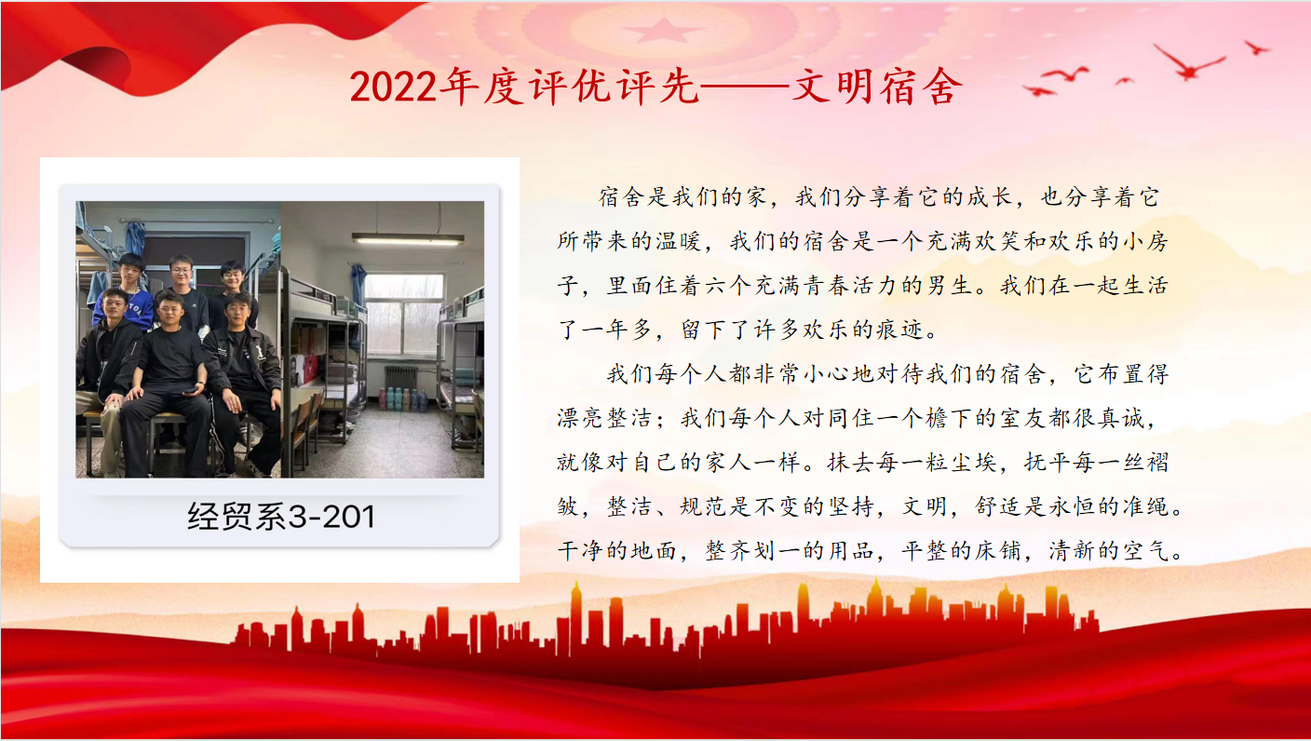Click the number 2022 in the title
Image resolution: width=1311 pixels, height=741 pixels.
pyautogui.click(x=393, y=88)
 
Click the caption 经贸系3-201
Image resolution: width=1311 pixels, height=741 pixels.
pyautogui.click(x=281, y=517)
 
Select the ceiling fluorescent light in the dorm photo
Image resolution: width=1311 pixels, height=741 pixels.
pyautogui.click(x=408, y=239)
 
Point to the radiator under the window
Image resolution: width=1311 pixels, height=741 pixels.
pyautogui.click(x=401, y=378)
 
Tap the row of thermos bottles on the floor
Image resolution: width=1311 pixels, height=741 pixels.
pyautogui.click(x=403, y=398)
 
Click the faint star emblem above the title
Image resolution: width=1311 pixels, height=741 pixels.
pyautogui.click(x=662, y=31)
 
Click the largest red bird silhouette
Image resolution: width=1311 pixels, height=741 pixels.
pyautogui.click(x=1188, y=62)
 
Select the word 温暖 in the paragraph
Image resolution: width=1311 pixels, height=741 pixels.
pyautogui.click(x=678, y=241)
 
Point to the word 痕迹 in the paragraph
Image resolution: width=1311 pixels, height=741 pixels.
pyautogui.click(x=899, y=330)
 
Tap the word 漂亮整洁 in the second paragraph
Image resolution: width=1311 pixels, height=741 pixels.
pyautogui.click(x=604, y=418)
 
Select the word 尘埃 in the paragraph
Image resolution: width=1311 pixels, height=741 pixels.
pyautogui.click(x=973, y=463)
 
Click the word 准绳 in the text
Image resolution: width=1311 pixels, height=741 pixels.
pyautogui.click(x=1146, y=506)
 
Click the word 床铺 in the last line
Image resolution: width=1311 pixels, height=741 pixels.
pyautogui.click(x=998, y=551)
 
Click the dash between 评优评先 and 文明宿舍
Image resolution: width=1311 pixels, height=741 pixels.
pyautogui.click(x=745, y=88)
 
